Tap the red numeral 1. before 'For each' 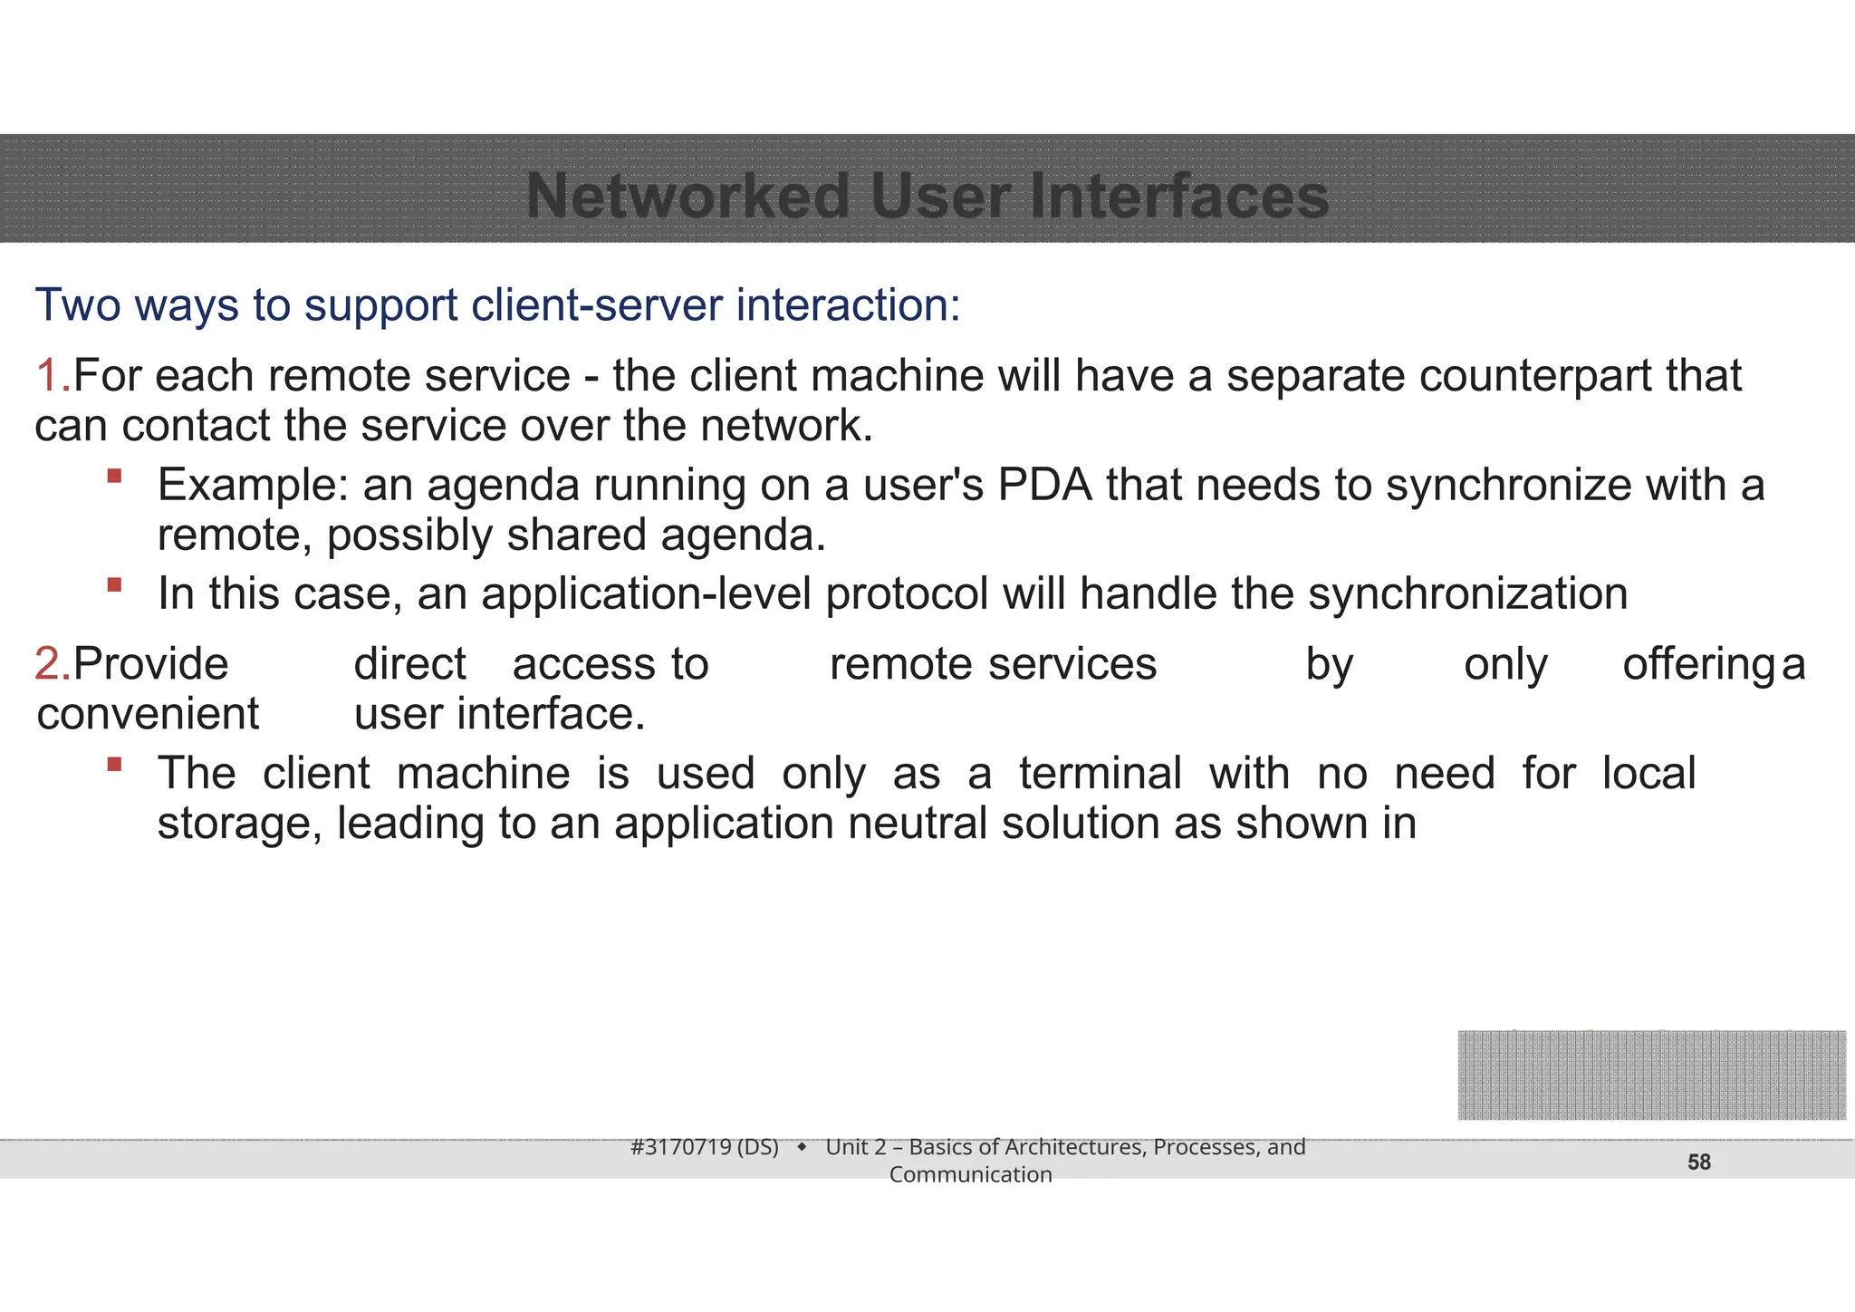[x=52, y=376]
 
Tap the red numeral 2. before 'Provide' [x=52, y=664]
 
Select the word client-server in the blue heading [x=597, y=304]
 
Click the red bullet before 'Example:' [x=114, y=476]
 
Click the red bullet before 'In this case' [x=114, y=584]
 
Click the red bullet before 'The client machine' [x=114, y=764]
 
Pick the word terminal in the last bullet [x=1100, y=774]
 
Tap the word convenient [x=148, y=714]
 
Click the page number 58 [x=1698, y=1162]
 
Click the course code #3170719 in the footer [x=680, y=1147]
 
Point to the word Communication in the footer [x=970, y=1174]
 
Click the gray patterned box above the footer [x=1651, y=1075]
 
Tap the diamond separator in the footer [x=802, y=1148]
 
